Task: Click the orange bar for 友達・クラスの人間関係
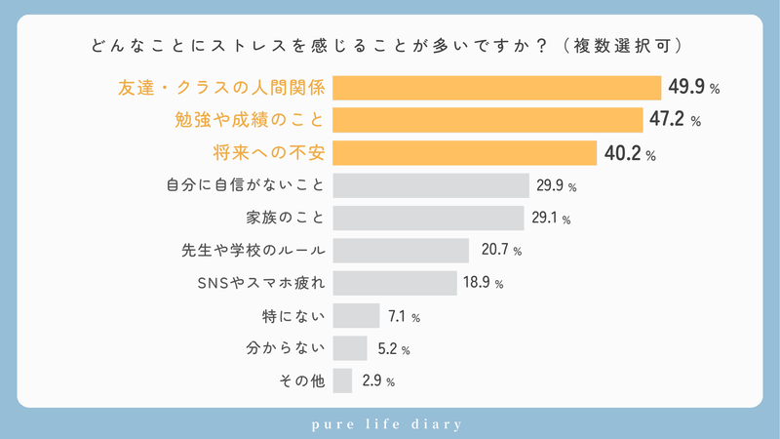(497, 88)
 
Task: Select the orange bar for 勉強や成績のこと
(488, 121)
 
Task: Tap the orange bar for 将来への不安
(465, 153)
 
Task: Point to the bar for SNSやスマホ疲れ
(395, 283)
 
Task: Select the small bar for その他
(342, 380)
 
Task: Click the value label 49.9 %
(693, 88)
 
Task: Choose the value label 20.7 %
(501, 251)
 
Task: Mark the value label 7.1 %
(403, 316)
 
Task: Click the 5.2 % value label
(392, 348)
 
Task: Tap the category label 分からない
(284, 348)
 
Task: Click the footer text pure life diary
(390, 423)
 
